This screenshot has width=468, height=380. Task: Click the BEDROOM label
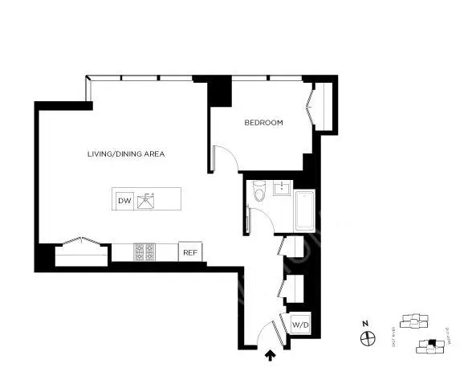[264, 123]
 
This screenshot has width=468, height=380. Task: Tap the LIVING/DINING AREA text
[126, 153]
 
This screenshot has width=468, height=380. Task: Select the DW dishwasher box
[124, 200]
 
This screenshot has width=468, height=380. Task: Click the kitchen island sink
[146, 200]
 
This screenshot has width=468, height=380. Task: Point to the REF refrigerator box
[190, 252]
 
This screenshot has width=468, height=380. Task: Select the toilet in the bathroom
[258, 193]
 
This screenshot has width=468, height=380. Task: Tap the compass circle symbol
[366, 338]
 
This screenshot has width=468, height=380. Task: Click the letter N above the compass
[366, 324]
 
